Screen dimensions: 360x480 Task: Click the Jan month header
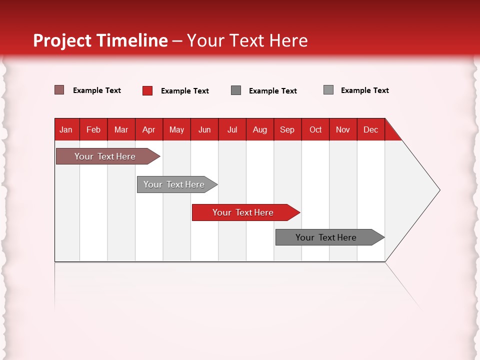pos(66,129)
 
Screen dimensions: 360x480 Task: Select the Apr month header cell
pos(149,129)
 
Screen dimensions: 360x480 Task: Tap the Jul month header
pos(232,129)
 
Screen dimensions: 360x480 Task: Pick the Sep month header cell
pos(287,129)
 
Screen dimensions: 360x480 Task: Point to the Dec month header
pos(370,129)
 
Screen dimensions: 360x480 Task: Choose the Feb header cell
pos(93,129)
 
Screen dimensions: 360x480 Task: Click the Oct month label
pos(315,129)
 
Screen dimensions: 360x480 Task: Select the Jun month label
pos(204,129)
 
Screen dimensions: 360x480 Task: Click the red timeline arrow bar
pos(243,212)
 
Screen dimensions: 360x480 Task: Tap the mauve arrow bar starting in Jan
pos(105,156)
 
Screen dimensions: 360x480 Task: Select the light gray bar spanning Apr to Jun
pos(174,184)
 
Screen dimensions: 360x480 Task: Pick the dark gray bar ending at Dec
pos(326,237)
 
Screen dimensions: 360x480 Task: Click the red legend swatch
pos(147,90)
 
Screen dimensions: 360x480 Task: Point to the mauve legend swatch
pos(59,90)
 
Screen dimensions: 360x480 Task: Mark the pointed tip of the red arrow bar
pos(298,212)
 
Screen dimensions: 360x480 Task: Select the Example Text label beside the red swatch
pos(185,91)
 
